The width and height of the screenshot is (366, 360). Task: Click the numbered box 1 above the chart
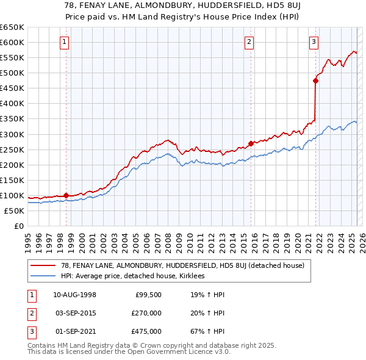point(64,42)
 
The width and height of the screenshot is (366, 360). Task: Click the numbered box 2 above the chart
point(249,42)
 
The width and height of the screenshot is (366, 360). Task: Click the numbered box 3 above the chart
point(314,42)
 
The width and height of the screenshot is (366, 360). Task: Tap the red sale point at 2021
point(315,80)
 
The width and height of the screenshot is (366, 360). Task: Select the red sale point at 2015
point(251,143)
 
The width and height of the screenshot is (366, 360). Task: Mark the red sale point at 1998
point(66,195)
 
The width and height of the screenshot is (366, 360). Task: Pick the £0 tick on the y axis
point(19,226)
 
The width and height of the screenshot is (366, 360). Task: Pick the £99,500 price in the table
point(148,295)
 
